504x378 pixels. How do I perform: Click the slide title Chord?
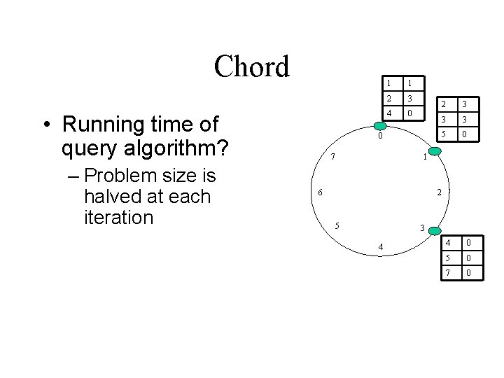(251, 67)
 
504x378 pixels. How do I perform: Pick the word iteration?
(118, 217)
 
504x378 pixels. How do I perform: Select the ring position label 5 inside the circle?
(337, 225)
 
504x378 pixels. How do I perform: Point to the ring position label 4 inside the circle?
(379, 246)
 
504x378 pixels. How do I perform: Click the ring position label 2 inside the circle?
(438, 192)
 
